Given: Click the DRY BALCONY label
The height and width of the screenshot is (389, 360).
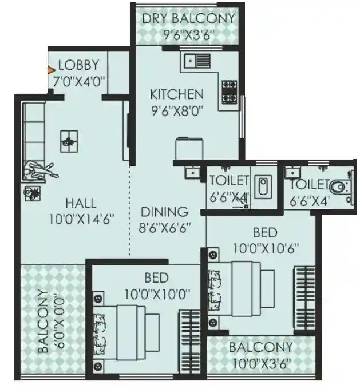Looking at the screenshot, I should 188,18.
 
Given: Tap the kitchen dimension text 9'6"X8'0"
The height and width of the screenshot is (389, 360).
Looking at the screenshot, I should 177,108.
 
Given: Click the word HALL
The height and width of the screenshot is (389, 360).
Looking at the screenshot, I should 80,203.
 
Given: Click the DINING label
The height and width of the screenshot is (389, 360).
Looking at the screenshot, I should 164,211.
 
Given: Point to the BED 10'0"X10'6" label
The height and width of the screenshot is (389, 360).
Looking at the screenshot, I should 265,240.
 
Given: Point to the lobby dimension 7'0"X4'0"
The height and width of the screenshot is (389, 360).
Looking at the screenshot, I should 79,81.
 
